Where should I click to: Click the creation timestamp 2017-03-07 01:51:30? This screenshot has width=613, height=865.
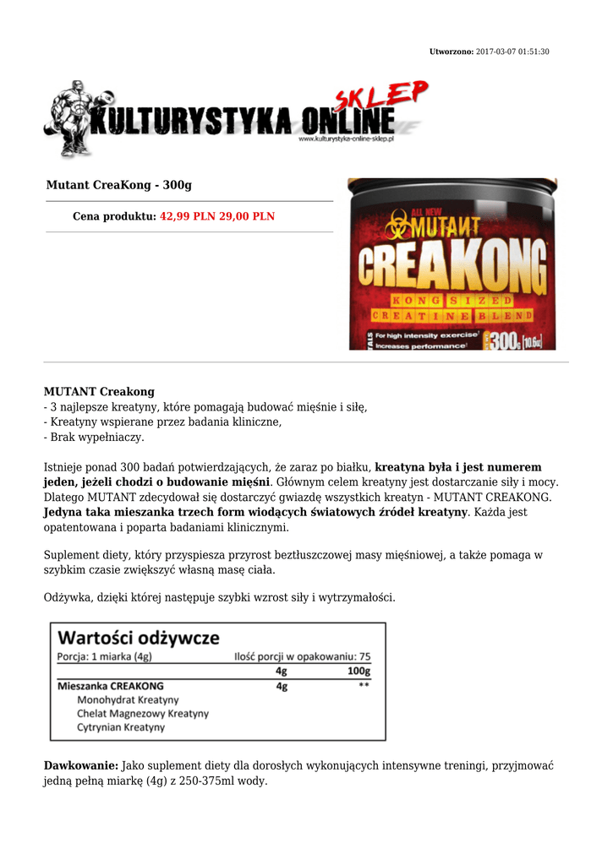click(x=512, y=52)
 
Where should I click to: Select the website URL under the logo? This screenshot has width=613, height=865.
click(x=347, y=139)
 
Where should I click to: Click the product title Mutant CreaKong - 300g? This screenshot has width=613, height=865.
click(x=118, y=185)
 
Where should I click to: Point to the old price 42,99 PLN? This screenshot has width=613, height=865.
click(x=188, y=216)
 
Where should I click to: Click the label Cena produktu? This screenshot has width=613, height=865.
click(x=114, y=216)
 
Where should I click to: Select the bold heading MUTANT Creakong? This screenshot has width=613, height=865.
click(x=99, y=392)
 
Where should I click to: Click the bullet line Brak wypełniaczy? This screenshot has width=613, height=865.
click(x=94, y=438)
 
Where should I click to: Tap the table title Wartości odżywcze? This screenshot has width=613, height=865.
click(x=138, y=637)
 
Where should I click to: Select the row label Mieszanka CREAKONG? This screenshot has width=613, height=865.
click(x=110, y=686)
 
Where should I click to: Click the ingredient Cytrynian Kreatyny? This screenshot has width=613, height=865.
click(x=121, y=727)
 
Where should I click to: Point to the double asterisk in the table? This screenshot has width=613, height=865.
click(x=364, y=686)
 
